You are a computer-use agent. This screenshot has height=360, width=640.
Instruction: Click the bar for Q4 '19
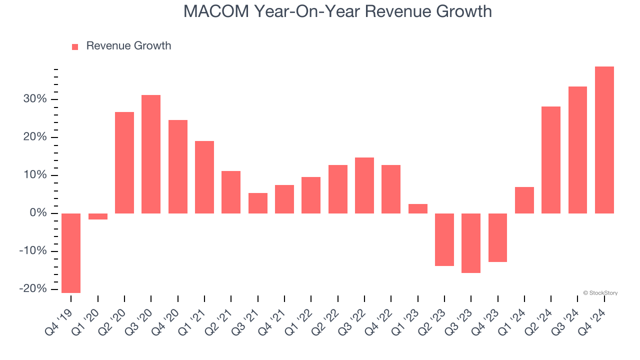pyautogui.click(x=71, y=253)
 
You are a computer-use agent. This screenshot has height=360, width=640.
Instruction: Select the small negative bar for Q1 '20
pyautogui.click(x=98, y=216)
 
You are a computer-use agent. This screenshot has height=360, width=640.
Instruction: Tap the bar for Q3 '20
pyautogui.click(x=151, y=154)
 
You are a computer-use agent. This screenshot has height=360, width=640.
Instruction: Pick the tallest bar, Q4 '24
pyautogui.click(x=604, y=140)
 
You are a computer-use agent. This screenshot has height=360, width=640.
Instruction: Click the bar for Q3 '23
pyautogui.click(x=471, y=243)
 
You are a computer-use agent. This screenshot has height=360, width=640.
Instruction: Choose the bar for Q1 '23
pyautogui.click(x=418, y=208)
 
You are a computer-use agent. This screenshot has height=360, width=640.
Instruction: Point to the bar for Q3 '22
pyautogui.click(x=364, y=185)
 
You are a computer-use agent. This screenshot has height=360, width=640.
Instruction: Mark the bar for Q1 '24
pyautogui.click(x=524, y=200)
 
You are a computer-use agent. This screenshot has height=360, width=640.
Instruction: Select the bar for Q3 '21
pyautogui.click(x=258, y=203)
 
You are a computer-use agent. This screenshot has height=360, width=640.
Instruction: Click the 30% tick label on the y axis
pyautogui.click(x=34, y=99)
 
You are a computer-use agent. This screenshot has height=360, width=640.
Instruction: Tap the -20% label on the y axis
pyautogui.click(x=32, y=289)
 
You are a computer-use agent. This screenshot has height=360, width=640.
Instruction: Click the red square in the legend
pyautogui.click(x=75, y=46)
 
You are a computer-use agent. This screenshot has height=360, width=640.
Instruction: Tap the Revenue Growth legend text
pyautogui.click(x=128, y=46)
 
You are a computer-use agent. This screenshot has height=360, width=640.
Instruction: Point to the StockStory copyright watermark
pyautogui.click(x=600, y=293)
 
